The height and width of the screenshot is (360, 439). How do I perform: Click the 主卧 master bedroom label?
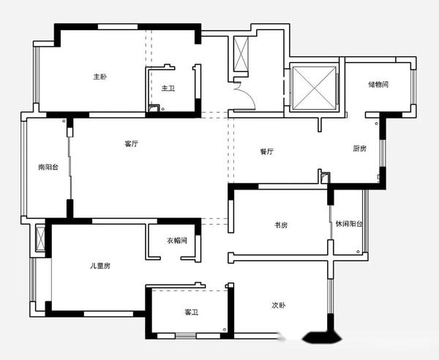(100, 76)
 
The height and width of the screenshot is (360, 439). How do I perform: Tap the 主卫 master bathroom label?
(168, 89)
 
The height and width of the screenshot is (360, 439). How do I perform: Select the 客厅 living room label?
(131, 144)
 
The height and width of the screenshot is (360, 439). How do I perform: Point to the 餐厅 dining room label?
(266, 151)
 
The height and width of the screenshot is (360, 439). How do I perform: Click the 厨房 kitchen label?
(359, 149)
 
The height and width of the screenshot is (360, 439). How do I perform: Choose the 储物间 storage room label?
(378, 84)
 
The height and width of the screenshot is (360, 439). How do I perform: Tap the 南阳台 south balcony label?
(48, 167)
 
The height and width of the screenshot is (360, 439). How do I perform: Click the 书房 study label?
(281, 225)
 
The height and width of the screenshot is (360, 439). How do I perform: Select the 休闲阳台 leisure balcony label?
(349, 224)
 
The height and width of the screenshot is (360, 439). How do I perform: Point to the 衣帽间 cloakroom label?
(177, 241)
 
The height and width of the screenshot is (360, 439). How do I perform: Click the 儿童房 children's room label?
(100, 266)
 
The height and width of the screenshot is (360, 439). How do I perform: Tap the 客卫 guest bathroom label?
(192, 312)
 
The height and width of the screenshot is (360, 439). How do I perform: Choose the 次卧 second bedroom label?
(279, 305)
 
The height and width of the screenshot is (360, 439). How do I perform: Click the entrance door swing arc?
(251, 92)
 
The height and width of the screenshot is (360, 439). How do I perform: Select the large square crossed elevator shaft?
(314, 87)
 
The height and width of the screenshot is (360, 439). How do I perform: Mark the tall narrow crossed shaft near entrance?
(241, 53)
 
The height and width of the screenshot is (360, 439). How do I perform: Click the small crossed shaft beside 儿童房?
(40, 239)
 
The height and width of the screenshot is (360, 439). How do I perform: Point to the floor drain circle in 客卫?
(225, 330)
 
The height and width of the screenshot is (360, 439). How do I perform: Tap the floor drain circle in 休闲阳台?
(359, 252)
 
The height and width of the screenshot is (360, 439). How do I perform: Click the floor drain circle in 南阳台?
(64, 121)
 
